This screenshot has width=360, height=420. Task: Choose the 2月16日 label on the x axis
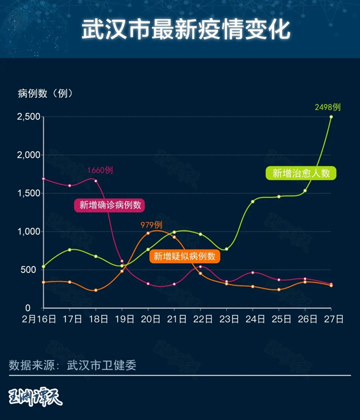(39, 319)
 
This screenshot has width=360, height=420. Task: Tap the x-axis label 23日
(226, 319)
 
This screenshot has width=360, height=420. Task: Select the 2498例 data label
(328, 107)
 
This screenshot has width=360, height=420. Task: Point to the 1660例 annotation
(100, 170)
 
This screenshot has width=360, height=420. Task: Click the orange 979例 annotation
(151, 225)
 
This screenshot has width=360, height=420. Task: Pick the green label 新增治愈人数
(301, 173)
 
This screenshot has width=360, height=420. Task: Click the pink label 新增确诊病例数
(110, 205)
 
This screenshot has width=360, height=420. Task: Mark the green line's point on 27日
(331, 116)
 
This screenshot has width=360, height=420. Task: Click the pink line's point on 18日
(96, 181)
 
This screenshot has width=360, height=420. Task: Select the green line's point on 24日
(253, 201)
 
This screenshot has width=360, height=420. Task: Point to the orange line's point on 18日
(96, 290)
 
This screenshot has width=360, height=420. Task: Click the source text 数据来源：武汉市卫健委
(72, 365)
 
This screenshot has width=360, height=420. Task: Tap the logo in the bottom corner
(36, 396)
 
